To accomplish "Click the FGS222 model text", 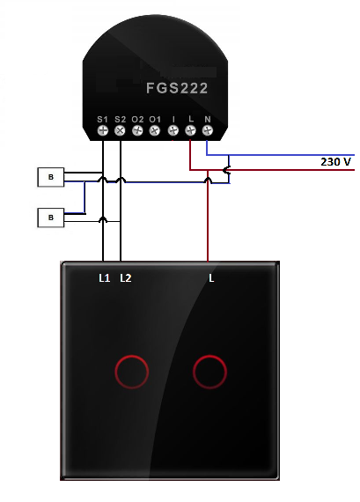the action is [x=177, y=88].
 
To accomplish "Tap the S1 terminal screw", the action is [x=103, y=130].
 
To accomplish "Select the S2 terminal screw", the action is [x=120, y=130].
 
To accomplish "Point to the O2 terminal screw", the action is [x=137, y=130].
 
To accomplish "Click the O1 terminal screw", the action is [x=155, y=130].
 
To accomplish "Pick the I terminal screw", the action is [x=173, y=130].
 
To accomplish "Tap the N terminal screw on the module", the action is [x=208, y=130].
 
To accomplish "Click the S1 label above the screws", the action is [x=102, y=120].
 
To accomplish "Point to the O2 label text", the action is [x=137, y=120].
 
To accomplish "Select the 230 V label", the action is [x=335, y=162].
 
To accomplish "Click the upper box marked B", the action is [x=51, y=177].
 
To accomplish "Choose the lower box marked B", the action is [x=51, y=218].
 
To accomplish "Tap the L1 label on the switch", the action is [x=105, y=278].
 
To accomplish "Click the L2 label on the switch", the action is [x=126, y=278].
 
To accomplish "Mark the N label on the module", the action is [x=208, y=120].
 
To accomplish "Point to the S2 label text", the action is [x=121, y=120].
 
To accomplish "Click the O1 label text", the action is [x=155, y=120].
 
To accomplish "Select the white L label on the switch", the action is [x=211, y=278].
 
